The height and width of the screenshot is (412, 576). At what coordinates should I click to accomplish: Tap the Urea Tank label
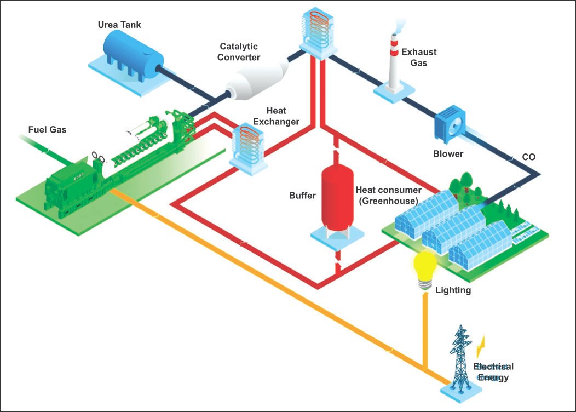click(119, 25)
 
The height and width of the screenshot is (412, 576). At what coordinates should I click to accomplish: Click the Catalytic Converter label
click(240, 51)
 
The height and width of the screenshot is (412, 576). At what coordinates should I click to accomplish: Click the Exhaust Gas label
click(419, 58)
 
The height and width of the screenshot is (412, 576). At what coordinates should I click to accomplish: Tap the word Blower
click(448, 154)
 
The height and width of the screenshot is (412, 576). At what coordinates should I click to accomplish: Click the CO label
click(528, 157)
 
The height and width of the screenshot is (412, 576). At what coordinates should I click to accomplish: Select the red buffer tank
click(337, 197)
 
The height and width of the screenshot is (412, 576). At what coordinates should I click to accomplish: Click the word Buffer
click(302, 196)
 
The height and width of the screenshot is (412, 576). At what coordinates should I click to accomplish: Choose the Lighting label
click(453, 290)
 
